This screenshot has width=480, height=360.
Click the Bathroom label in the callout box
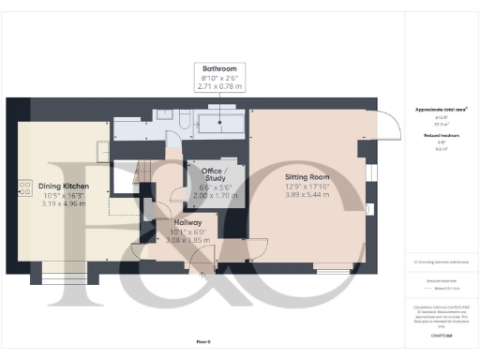tap(220, 69)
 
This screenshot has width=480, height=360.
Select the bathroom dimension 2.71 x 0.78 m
tap(220, 86)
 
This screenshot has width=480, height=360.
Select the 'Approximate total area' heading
tap(441, 110)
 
